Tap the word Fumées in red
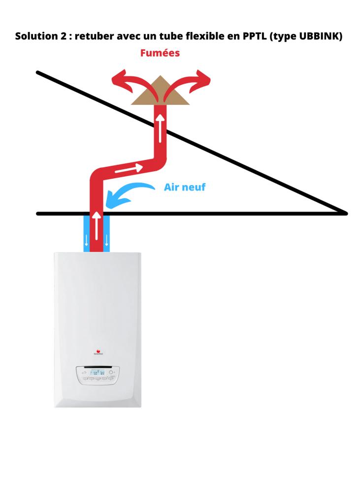pyautogui.click(x=160, y=53)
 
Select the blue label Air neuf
pyautogui.click(x=185, y=187)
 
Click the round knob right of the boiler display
pyautogui.click(x=111, y=373)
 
